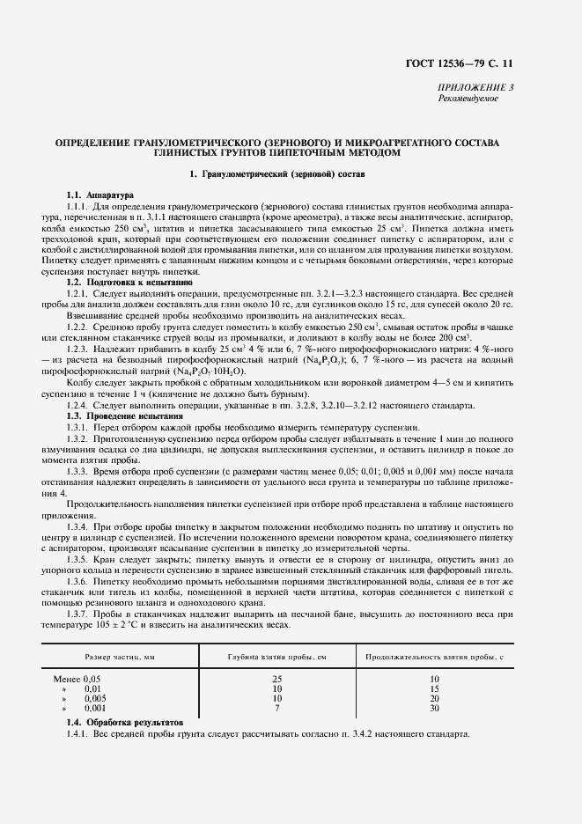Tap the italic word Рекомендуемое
point(468,98)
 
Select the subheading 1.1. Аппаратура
point(99,194)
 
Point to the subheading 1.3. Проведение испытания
point(125,414)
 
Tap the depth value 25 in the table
point(276,679)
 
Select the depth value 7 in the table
point(276,708)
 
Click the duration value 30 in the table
point(433,708)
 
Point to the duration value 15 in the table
point(433,688)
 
